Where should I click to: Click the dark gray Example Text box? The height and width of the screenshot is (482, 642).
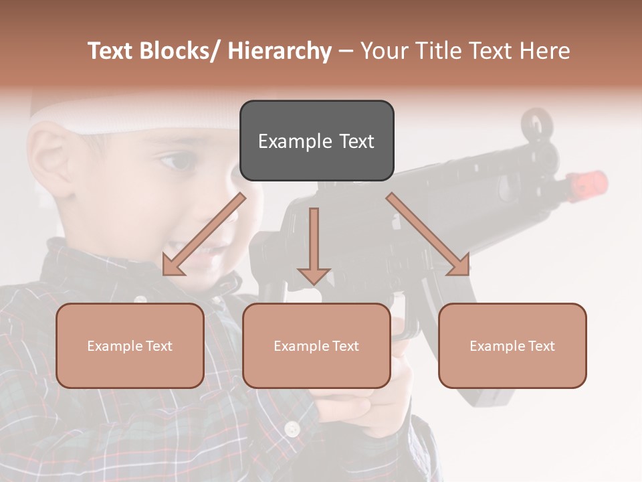[x=316, y=141]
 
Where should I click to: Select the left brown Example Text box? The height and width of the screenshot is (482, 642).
[x=130, y=345]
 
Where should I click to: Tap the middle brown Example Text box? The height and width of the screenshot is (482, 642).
[x=316, y=345]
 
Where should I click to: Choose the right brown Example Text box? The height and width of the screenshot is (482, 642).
[x=512, y=345]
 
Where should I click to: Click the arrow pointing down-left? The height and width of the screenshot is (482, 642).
[x=203, y=234]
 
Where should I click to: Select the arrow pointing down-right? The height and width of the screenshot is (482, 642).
[x=428, y=234]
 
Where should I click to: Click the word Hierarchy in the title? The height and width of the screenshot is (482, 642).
[x=280, y=51]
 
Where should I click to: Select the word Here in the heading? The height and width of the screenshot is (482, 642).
[x=546, y=51]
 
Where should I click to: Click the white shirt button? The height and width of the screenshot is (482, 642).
[x=292, y=428]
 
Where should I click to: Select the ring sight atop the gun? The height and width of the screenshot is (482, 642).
[x=536, y=123]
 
